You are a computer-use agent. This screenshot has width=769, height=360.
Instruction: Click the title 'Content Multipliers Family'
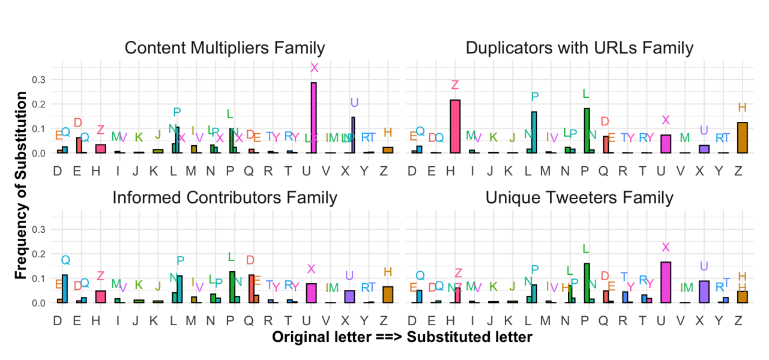225,48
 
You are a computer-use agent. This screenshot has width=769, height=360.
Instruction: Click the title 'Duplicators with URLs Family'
579,48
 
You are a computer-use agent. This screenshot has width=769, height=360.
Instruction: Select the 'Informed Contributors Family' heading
225,197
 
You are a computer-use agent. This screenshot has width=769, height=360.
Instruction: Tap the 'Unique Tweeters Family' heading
579,197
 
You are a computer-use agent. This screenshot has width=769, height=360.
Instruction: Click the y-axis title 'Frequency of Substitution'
22,185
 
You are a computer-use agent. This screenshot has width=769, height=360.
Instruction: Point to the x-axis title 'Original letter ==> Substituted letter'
402,337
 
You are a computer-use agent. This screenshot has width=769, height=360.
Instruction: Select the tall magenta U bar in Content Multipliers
313,118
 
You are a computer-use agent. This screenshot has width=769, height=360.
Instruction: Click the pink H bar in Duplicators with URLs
455,127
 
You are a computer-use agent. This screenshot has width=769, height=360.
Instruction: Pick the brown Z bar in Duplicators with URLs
743,138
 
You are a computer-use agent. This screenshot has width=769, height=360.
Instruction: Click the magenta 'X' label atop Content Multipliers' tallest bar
314,68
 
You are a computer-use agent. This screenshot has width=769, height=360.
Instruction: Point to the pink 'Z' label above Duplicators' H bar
455,85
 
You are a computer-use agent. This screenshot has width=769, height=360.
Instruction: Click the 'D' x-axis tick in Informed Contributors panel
58,321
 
